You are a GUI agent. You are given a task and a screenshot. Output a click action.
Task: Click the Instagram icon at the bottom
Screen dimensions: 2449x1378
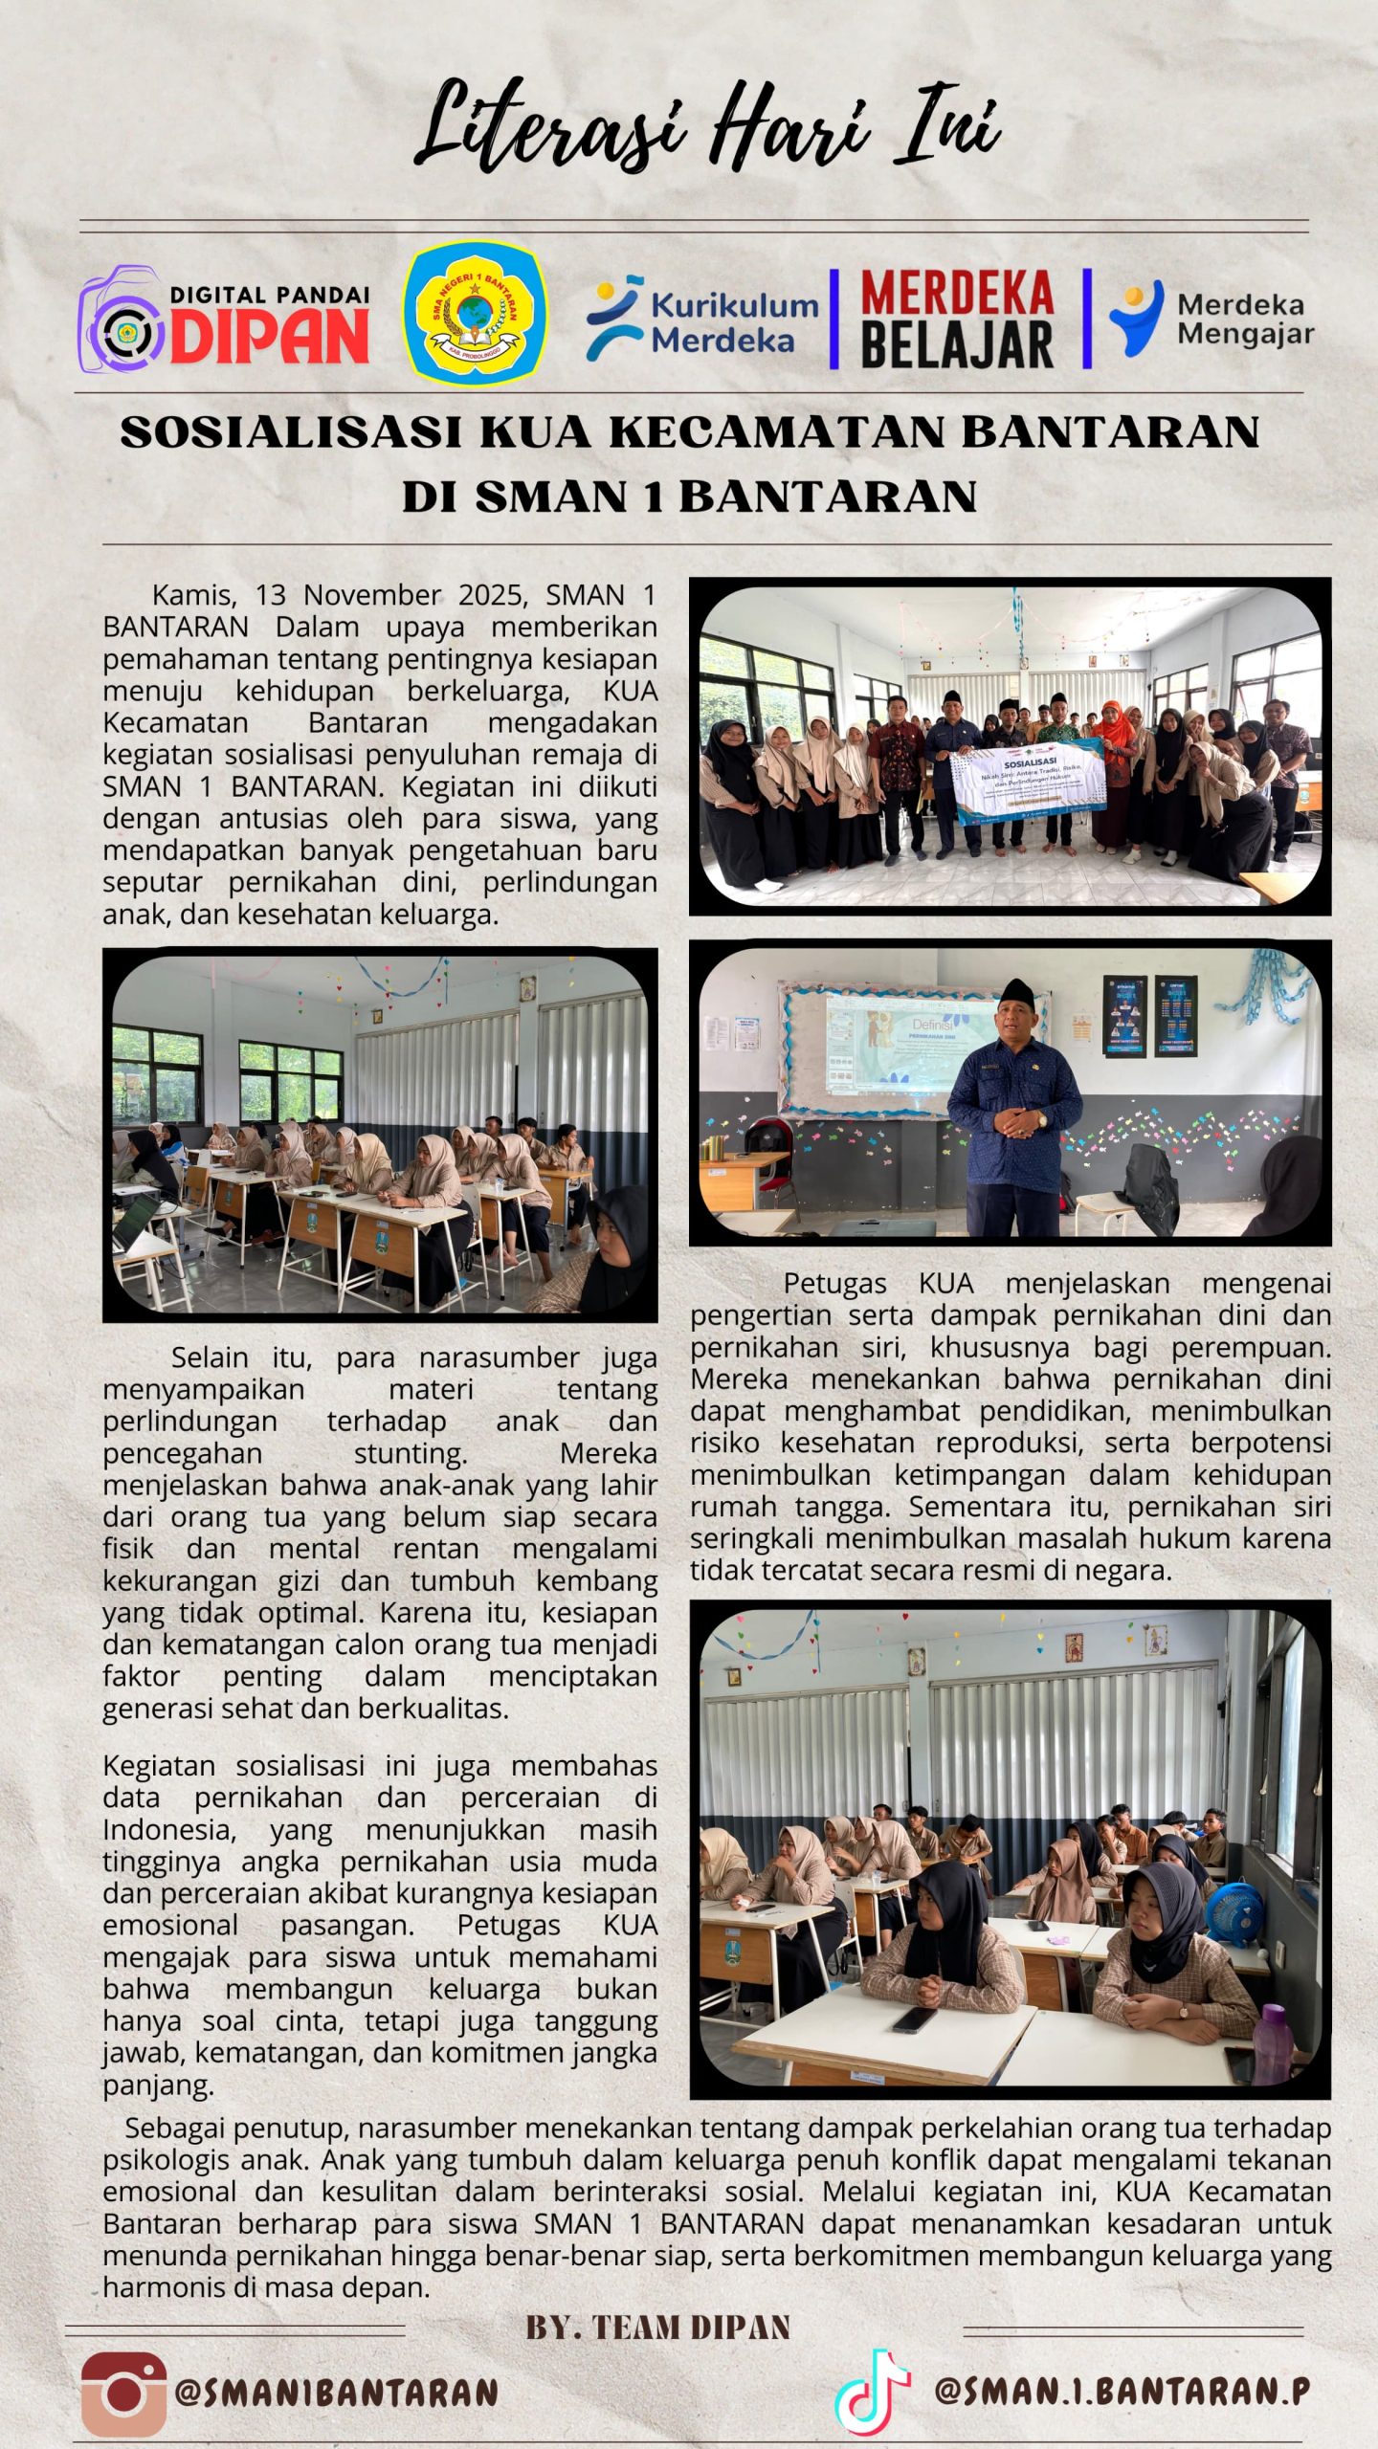pos(123,2394)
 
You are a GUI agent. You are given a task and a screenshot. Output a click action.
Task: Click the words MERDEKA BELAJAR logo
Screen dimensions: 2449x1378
pos(957,320)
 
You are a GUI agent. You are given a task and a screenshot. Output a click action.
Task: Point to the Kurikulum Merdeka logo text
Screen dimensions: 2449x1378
pos(734,322)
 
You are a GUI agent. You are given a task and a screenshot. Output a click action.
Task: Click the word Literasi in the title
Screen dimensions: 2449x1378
pos(550,129)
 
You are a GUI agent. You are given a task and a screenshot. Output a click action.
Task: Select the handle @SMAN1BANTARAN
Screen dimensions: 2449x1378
pos(336,2394)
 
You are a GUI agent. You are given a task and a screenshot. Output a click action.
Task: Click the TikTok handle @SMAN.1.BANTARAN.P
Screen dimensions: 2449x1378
pos(1122,2391)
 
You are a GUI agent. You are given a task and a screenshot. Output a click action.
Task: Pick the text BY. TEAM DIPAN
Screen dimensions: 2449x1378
pos(658,2328)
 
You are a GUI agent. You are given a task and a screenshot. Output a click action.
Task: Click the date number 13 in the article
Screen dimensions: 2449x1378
pos(271,595)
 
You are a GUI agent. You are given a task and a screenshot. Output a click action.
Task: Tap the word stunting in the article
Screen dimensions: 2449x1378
pos(411,1453)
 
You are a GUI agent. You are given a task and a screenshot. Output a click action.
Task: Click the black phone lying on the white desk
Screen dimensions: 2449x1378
pos(914,2019)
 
